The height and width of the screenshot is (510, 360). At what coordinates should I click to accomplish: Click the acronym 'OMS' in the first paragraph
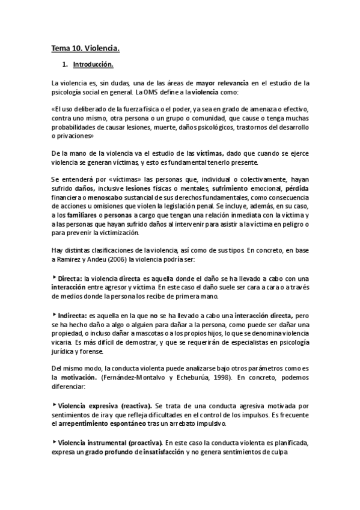coord(151,92)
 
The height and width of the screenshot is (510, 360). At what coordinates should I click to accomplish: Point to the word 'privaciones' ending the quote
coord(72,136)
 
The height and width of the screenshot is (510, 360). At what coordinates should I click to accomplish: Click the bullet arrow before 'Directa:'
coord(55,278)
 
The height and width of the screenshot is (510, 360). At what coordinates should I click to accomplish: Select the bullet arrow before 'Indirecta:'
coord(55,313)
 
